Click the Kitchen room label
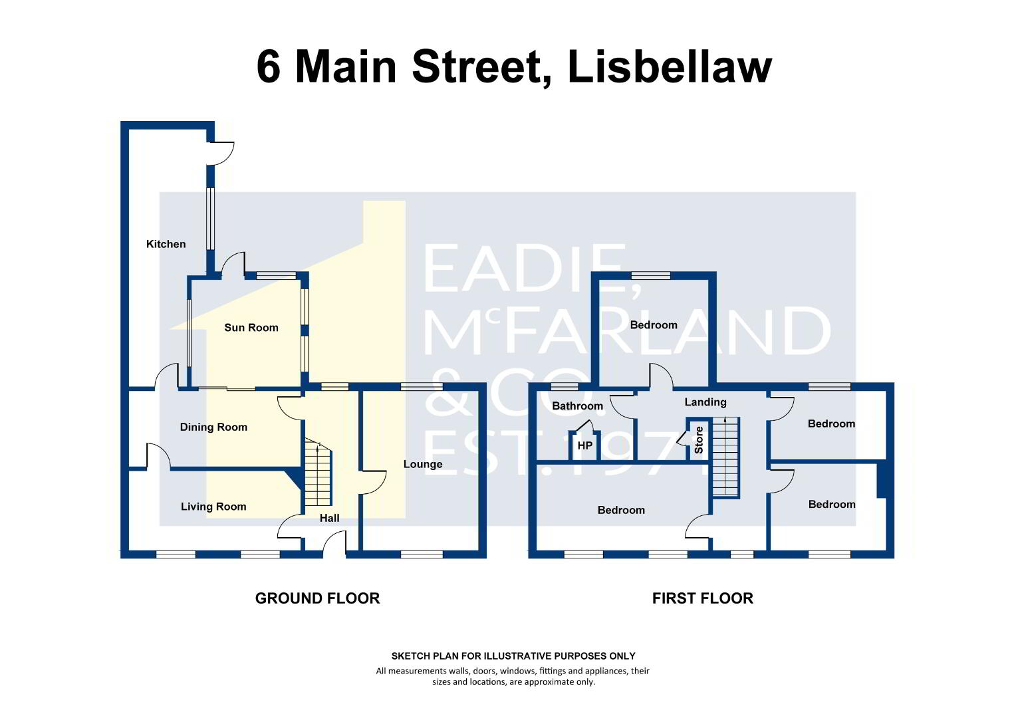[166, 244]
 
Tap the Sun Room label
[251, 327]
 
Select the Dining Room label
[213, 427]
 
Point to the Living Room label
[213, 507]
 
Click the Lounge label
[423, 464]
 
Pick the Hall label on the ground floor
[330, 518]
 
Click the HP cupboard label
[585, 445]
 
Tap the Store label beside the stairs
[698, 440]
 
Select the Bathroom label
[577, 406]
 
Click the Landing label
[705, 402]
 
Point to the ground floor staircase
[318, 473]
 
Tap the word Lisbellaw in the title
[669, 66]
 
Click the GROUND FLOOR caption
[317, 598]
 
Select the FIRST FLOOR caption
[702, 598]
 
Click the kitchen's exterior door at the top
[221, 154]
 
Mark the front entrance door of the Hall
[334, 546]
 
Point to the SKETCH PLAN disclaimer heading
[513, 656]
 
